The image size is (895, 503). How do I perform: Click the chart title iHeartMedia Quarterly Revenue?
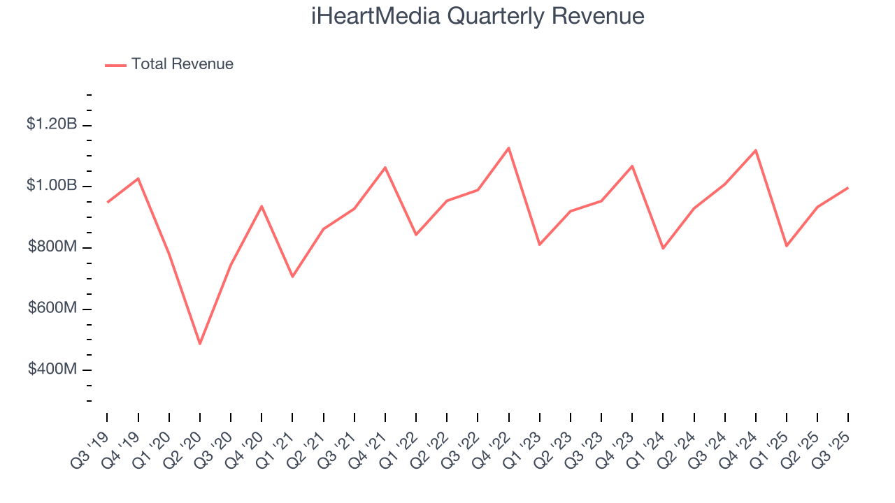coord(478,16)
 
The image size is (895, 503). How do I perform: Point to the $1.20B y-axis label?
coord(52,124)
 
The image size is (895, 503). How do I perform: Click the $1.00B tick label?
coord(52,186)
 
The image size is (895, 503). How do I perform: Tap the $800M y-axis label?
coord(52,247)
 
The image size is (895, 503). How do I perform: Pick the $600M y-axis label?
coord(52,309)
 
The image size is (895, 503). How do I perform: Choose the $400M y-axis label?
coord(52,370)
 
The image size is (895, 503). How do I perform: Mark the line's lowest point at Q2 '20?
coord(200,344)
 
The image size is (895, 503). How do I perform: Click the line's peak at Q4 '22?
coord(509,147)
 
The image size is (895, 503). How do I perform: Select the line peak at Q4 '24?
coord(756,150)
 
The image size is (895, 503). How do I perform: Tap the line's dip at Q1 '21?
coord(292,277)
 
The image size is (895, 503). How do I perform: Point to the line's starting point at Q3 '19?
coord(107,202)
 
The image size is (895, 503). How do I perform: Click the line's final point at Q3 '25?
coord(848,188)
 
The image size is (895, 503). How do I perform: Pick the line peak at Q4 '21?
coord(385,168)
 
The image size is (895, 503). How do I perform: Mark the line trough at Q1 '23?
coord(540,245)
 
